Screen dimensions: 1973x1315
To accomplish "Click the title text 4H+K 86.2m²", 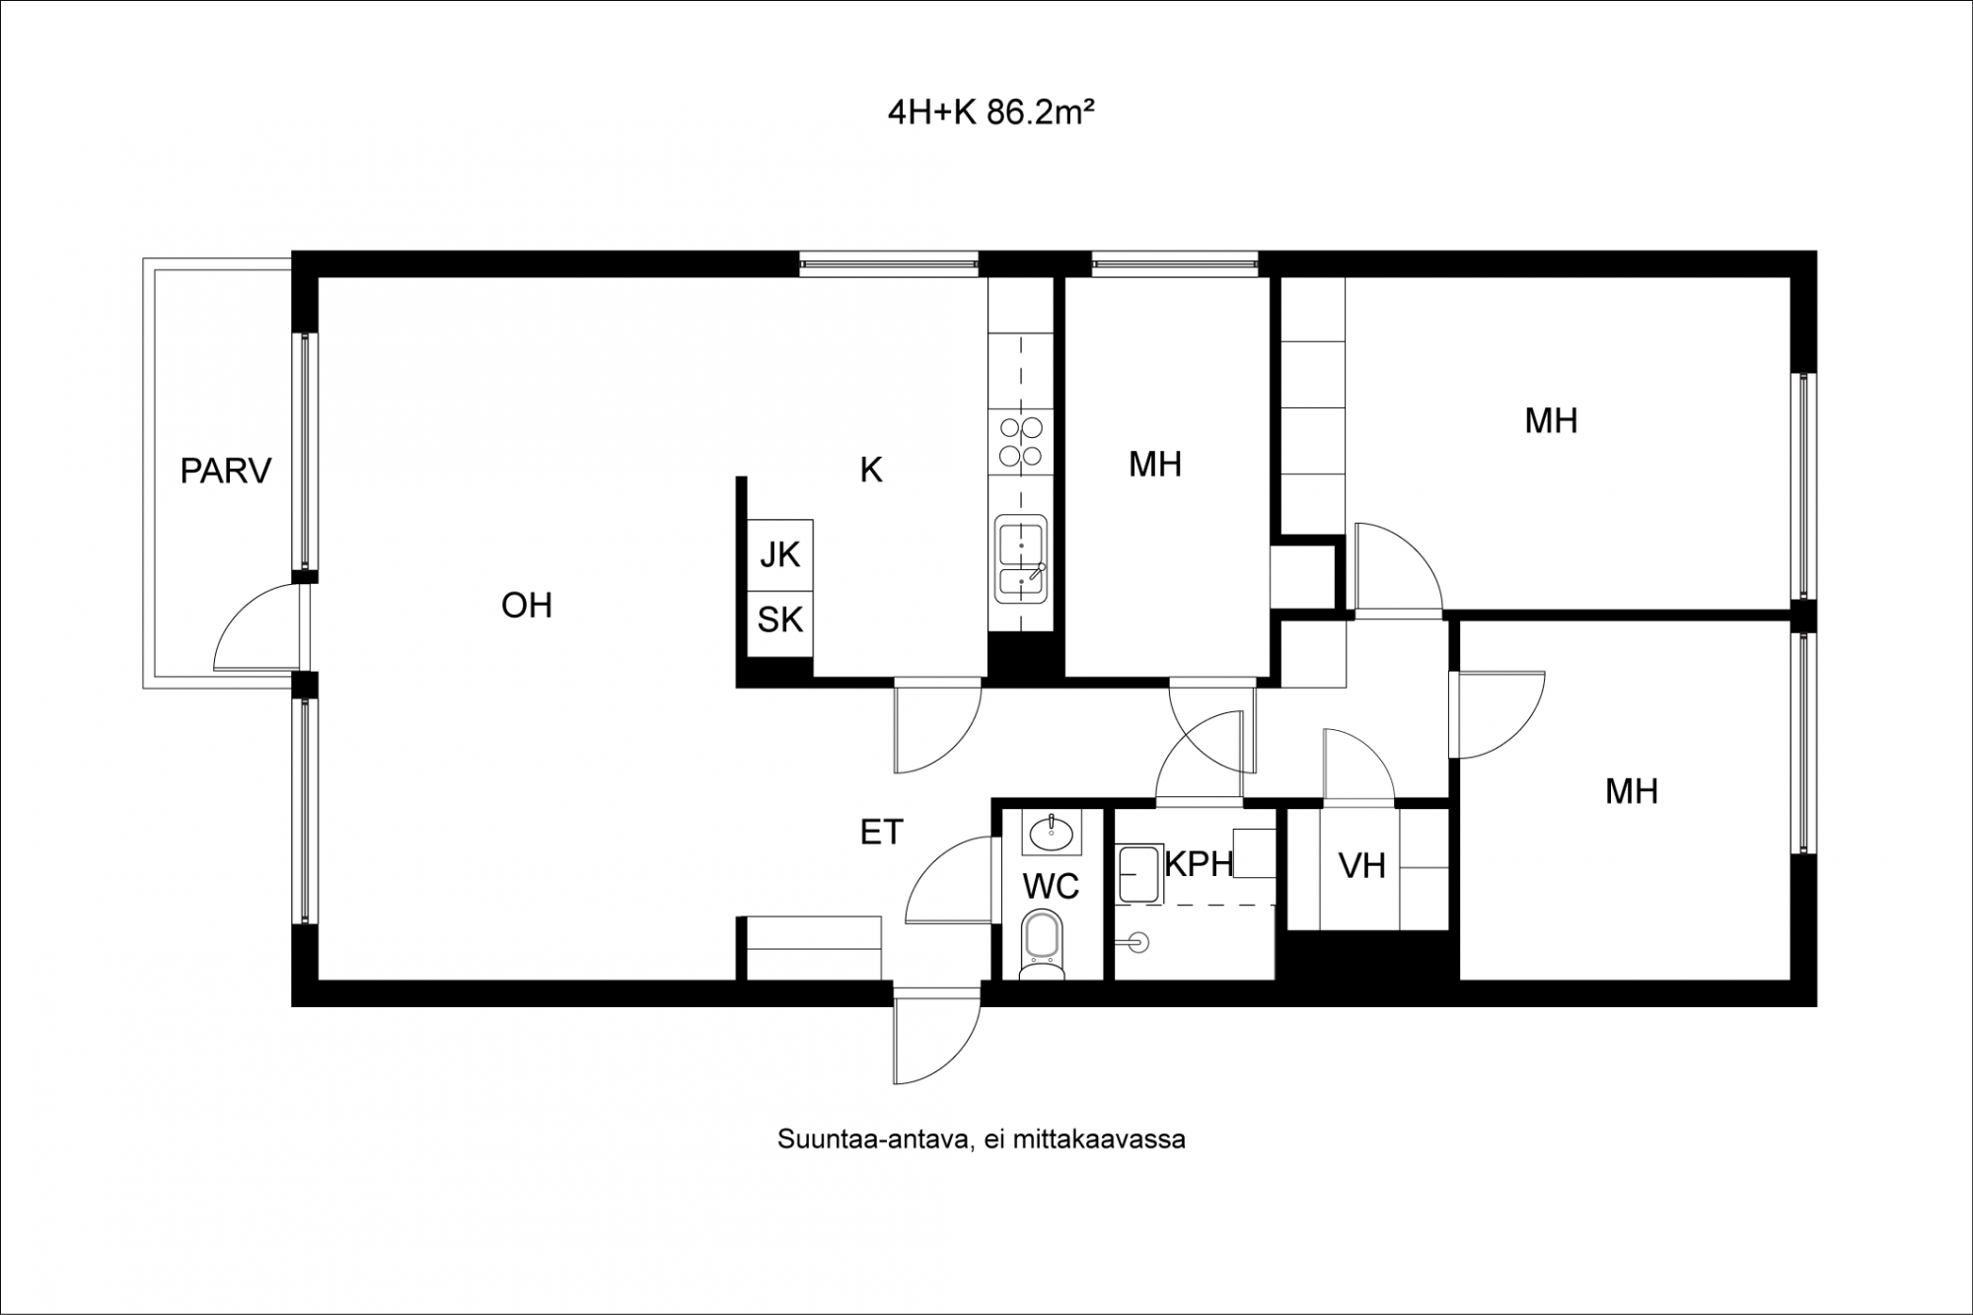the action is pyautogui.click(x=991, y=113).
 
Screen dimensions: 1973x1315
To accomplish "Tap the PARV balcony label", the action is pyautogui.click(x=226, y=472).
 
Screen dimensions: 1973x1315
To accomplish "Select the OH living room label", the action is pyautogui.click(x=527, y=606).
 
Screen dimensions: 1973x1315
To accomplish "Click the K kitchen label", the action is pyautogui.click(x=871, y=471).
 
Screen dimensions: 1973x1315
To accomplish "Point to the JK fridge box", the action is pyautogui.click(x=780, y=554).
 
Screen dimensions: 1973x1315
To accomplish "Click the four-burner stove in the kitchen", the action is pyautogui.click(x=1021, y=442).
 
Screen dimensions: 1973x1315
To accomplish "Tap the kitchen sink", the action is pyautogui.click(x=1021, y=558).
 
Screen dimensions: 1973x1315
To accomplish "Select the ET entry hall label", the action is pyautogui.click(x=882, y=833).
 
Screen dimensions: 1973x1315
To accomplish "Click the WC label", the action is pyautogui.click(x=1052, y=887).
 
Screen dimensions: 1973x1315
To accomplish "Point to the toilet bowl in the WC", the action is pyautogui.click(x=1043, y=945).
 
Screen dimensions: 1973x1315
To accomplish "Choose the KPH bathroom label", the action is pyautogui.click(x=1199, y=864).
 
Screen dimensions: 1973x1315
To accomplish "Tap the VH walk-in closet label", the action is pyautogui.click(x=1362, y=866).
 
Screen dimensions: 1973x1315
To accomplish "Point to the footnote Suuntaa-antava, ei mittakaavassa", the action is pyautogui.click(x=982, y=1139).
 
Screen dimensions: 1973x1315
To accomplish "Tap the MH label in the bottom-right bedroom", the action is pyautogui.click(x=1632, y=791).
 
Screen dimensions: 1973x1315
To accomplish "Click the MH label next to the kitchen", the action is pyautogui.click(x=1155, y=465).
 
